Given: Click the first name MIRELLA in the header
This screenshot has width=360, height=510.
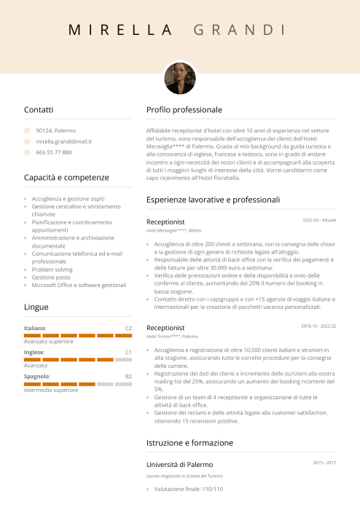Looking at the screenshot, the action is (x=120, y=30).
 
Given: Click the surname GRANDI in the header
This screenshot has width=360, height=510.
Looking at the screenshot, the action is (x=240, y=30).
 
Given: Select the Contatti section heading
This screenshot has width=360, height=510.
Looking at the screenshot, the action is (x=39, y=109).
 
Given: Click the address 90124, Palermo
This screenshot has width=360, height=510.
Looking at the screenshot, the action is (x=50, y=130).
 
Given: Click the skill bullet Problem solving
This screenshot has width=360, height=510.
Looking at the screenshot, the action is (x=52, y=269).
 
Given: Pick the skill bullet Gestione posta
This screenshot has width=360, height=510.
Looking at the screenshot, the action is (x=51, y=277).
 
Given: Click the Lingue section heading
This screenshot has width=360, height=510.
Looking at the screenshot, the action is (x=36, y=307).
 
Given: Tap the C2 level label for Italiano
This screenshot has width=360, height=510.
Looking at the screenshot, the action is (x=128, y=329).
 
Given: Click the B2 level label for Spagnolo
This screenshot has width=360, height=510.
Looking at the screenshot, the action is (x=128, y=376).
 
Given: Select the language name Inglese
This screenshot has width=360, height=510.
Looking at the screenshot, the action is (x=34, y=353).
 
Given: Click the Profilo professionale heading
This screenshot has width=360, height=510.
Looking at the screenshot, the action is (x=184, y=109).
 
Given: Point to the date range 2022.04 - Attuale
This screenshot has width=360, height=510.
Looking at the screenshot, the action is (x=319, y=219).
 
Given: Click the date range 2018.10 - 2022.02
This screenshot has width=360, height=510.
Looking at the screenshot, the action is (x=318, y=326).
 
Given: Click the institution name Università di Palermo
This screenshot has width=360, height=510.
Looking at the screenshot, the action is (x=180, y=464).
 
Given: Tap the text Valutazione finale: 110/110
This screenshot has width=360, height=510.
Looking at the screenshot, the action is (x=189, y=490).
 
